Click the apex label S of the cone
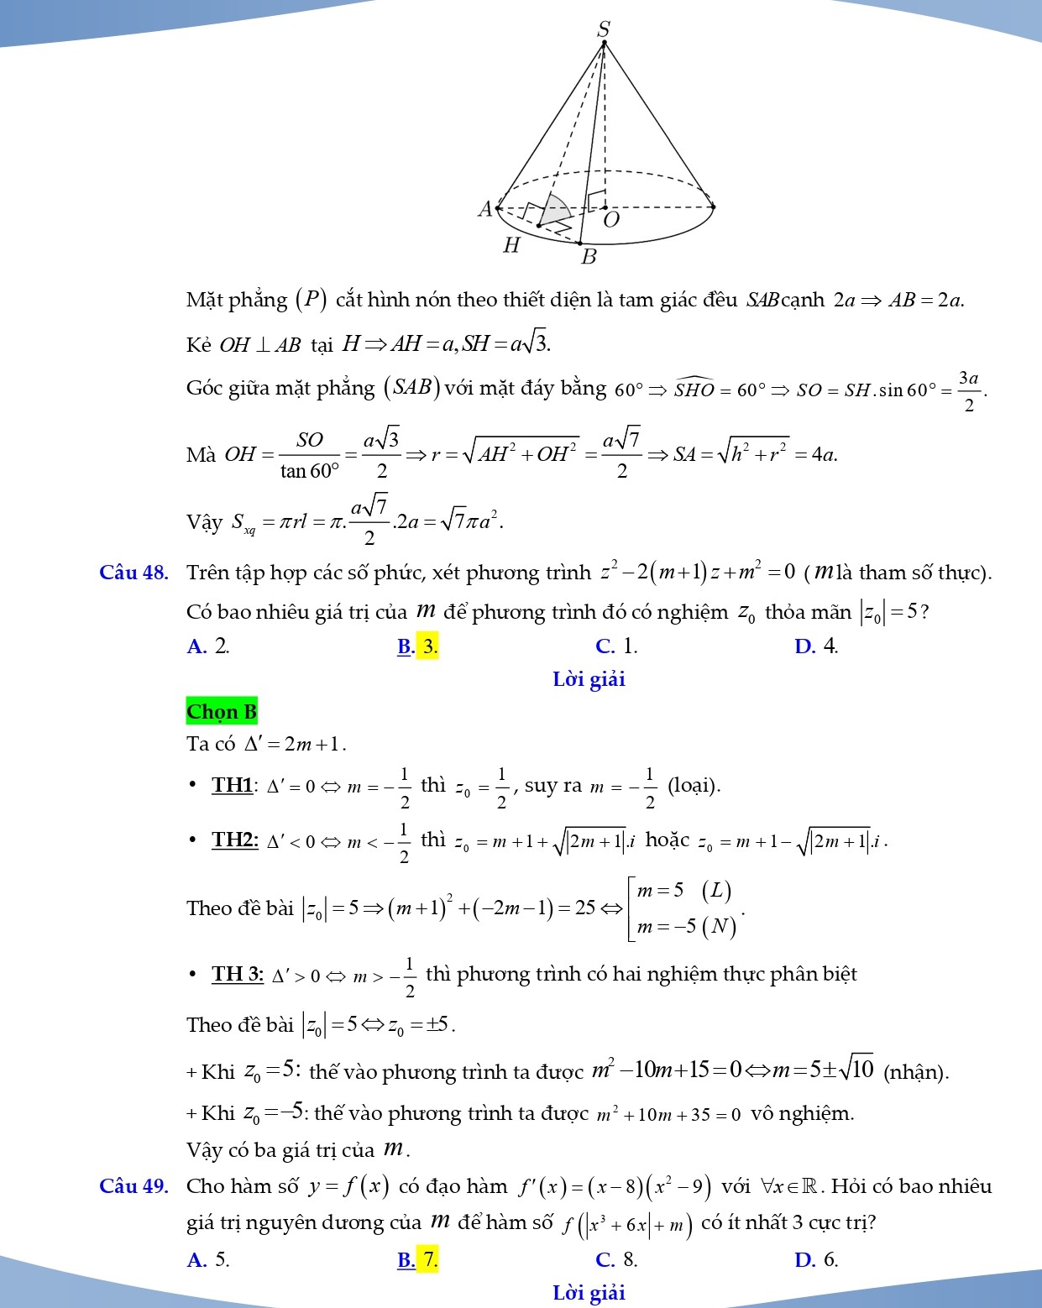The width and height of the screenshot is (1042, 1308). [x=603, y=29]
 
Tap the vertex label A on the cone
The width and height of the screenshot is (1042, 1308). [x=484, y=209]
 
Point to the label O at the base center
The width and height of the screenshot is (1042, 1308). [x=611, y=220]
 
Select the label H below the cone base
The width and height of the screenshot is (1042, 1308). [x=511, y=245]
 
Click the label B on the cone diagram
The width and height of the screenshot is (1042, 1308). [x=589, y=257]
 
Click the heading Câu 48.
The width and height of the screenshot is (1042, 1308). [x=134, y=573]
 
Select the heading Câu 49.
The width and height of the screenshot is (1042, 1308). [x=134, y=1186]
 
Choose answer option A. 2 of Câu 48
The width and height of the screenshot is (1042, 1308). [x=208, y=646]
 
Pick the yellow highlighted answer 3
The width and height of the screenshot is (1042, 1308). [x=427, y=646]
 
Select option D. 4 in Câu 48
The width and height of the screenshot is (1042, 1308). [x=816, y=646]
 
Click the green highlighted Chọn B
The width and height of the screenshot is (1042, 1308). [x=222, y=712]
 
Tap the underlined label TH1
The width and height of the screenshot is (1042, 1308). [x=233, y=785]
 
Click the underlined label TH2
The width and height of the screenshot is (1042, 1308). [x=234, y=840]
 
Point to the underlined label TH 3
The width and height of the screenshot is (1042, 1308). [x=238, y=974]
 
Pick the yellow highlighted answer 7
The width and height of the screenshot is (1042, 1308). [x=427, y=1259]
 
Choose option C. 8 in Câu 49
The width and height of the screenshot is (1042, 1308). [x=616, y=1259]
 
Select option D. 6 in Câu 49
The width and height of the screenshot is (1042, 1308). [x=816, y=1259]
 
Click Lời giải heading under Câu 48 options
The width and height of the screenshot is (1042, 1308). [x=589, y=680]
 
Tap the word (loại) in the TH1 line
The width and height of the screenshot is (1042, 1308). [x=694, y=786]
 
